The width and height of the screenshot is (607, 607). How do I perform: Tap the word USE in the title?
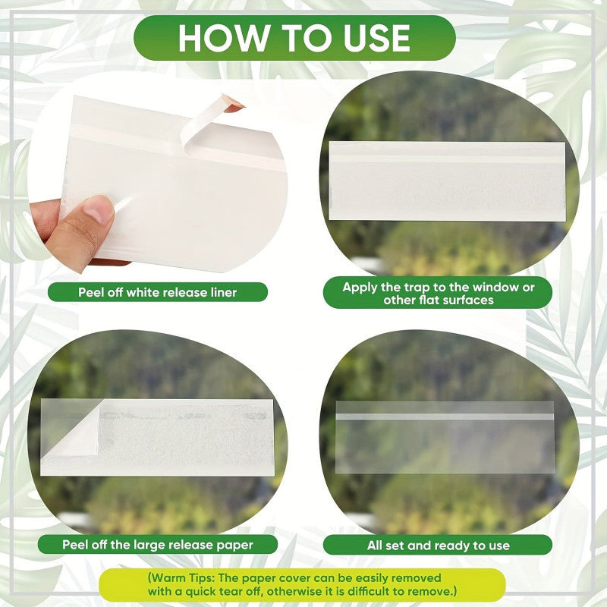click(x=376, y=38)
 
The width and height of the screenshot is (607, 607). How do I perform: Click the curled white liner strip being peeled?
click(x=205, y=121)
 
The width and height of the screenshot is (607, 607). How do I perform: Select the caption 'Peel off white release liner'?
click(x=158, y=292)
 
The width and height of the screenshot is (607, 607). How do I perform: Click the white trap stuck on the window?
click(x=447, y=181)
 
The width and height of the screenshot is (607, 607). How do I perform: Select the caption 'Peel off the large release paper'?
click(x=158, y=545)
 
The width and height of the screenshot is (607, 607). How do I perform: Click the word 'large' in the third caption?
click(x=149, y=545)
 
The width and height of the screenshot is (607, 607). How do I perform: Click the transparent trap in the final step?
click(x=445, y=438)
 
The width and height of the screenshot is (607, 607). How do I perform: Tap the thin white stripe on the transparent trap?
click(x=445, y=417)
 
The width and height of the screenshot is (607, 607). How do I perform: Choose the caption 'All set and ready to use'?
click(x=438, y=545)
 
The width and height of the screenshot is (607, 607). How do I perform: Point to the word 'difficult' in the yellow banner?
click(x=372, y=591)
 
